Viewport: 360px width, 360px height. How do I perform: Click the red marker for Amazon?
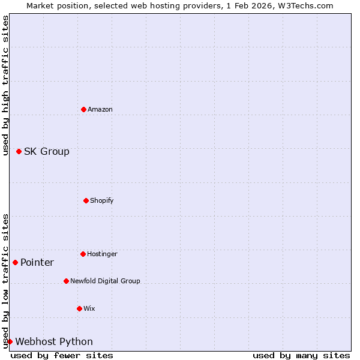tap(83, 109)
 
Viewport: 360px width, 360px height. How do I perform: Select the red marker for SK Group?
tap(19, 151)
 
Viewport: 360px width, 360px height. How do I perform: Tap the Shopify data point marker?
tap(86, 200)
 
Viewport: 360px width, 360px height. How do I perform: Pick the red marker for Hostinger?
tap(83, 254)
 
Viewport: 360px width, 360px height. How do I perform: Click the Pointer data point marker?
tap(15, 262)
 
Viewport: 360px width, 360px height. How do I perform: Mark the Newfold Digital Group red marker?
tap(66, 281)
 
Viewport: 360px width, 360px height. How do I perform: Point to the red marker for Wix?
tap(79, 308)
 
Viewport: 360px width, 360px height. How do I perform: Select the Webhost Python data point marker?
tap(10, 341)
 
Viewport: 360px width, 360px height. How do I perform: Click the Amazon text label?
tap(100, 109)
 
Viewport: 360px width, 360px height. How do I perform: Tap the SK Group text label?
tap(47, 151)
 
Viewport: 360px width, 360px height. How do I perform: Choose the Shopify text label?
tap(102, 200)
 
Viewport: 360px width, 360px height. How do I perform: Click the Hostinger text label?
tap(102, 254)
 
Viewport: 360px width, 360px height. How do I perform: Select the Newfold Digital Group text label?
tap(105, 281)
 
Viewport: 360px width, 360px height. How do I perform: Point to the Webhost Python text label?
tap(54, 341)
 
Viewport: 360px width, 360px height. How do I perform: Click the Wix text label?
tap(89, 308)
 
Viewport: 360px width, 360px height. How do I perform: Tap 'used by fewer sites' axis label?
tap(62, 355)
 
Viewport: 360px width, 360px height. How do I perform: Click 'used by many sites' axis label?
tap(301, 355)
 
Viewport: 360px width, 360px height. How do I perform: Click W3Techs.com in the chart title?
tap(304, 5)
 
